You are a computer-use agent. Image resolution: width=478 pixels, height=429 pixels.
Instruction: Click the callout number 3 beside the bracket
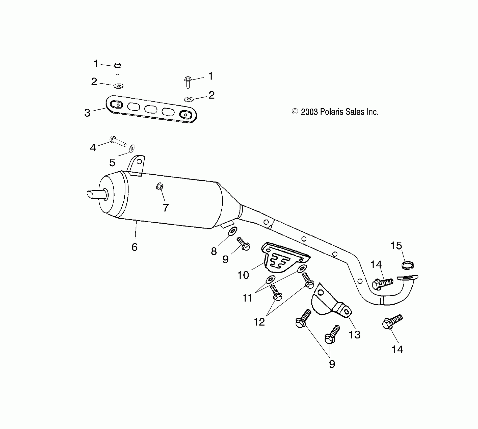tap(87, 113)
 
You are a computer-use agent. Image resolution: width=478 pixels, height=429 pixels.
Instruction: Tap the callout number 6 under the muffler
tap(135, 247)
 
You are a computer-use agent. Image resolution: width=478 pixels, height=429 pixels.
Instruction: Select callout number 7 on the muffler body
tap(166, 207)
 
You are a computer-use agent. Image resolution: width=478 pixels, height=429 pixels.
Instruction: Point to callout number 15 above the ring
tap(396, 246)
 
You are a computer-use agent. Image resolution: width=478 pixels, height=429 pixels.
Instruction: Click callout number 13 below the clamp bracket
tap(354, 335)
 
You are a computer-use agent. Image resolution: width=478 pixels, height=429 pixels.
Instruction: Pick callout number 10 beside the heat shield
tap(243, 275)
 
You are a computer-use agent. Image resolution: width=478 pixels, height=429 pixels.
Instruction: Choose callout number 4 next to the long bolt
tap(93, 147)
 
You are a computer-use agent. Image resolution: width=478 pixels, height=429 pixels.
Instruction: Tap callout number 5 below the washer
tap(112, 163)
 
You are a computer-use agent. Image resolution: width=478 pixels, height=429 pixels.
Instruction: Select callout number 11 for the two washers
tap(247, 298)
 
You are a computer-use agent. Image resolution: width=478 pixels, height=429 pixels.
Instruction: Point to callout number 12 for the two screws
tap(259, 322)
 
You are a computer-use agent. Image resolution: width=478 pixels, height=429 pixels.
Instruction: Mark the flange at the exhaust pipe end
tap(407, 278)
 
